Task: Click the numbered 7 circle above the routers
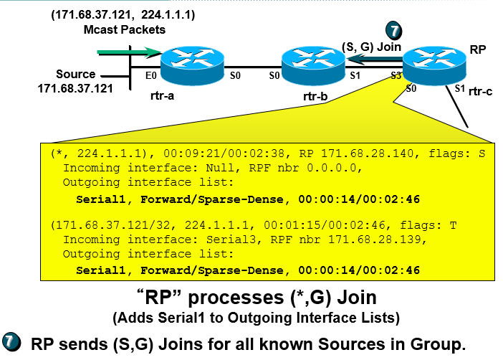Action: pos(394,30)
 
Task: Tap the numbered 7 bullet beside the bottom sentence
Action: pos(12,342)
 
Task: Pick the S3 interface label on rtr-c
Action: pos(396,75)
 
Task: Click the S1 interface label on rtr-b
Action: pos(355,75)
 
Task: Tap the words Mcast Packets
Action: pos(124,29)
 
